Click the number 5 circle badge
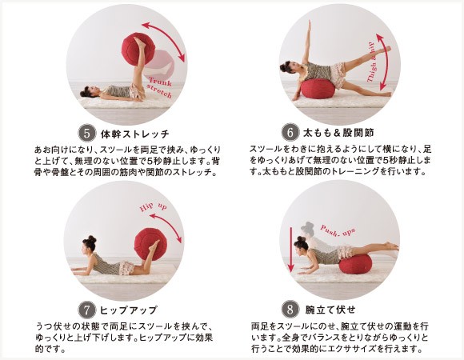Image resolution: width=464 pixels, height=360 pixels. click(x=86, y=133)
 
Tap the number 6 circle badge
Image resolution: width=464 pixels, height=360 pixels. click(x=290, y=132)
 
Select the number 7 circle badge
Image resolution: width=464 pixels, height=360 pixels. click(x=86, y=310)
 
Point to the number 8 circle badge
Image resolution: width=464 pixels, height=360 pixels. click(x=290, y=309)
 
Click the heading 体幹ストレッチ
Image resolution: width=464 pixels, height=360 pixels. click(x=135, y=134)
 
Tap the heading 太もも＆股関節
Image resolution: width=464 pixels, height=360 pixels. click(x=338, y=133)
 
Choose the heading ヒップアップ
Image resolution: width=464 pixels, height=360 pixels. click(x=128, y=310)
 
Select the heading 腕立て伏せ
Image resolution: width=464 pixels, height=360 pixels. click(x=330, y=310)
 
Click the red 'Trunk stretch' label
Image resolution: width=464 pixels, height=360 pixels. click(x=160, y=87)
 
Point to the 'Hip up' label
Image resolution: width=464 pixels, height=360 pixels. click(x=153, y=206)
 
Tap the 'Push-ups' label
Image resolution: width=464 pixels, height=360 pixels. click(x=338, y=230)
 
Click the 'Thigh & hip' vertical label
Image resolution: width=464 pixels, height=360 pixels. click(x=371, y=62)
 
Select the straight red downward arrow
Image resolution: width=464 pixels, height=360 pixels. click(x=291, y=250)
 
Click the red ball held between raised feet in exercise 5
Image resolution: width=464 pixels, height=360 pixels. click(x=138, y=49)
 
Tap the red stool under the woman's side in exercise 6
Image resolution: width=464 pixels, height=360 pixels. click(x=318, y=88)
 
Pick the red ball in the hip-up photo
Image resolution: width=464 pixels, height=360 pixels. click(x=150, y=244)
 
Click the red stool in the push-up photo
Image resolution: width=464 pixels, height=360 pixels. click(x=355, y=264)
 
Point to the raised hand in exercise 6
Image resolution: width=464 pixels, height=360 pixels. click(x=310, y=24)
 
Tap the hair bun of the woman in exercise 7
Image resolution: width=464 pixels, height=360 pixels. click(x=92, y=238)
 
